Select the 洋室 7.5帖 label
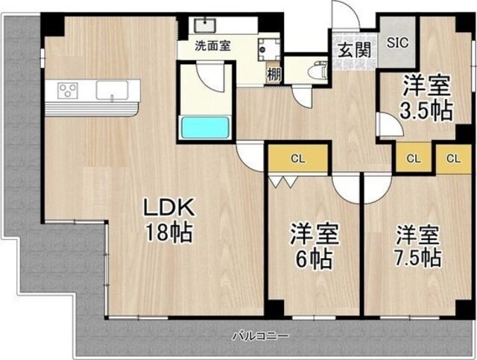417,245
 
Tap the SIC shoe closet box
397,42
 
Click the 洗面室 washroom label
212,45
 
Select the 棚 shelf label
274,74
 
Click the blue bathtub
204,126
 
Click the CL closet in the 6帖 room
297,157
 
